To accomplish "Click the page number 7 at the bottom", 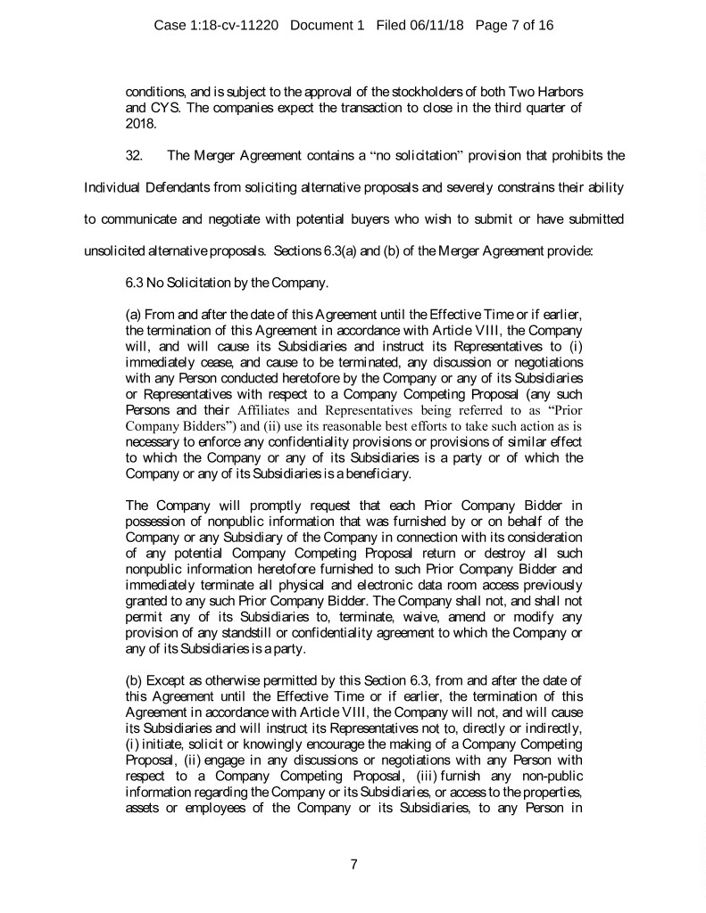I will coord(353,864).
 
